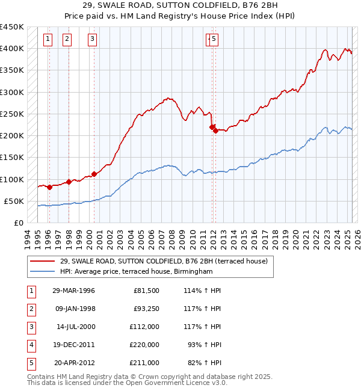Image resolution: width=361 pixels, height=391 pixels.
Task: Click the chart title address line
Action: coord(180,6)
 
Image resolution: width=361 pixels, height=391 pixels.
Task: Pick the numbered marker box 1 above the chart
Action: coord(48,40)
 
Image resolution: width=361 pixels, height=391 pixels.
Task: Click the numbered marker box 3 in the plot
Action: coord(92,40)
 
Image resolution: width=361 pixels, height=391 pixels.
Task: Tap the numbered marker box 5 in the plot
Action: coord(214,40)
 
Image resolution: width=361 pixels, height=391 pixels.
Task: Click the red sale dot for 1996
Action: coord(50,187)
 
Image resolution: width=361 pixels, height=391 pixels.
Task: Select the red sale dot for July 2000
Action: coord(94,174)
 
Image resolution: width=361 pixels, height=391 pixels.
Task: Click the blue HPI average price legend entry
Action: coord(137,272)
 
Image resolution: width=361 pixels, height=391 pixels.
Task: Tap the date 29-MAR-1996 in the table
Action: coord(73,291)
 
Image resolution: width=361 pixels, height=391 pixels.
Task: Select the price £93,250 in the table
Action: coord(144,309)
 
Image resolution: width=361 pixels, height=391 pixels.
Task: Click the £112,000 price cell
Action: coord(144,327)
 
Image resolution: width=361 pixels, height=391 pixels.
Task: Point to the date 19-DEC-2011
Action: coord(73,345)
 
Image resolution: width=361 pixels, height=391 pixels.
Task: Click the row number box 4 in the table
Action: coord(31,345)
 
